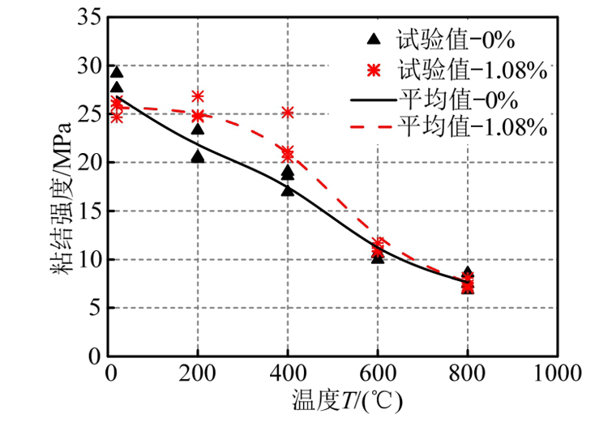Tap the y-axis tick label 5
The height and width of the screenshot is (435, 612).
(x=94, y=308)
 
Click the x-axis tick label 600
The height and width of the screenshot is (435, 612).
(x=378, y=373)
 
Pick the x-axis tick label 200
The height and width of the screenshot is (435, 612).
(x=198, y=373)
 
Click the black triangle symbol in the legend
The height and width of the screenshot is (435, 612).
(x=373, y=39)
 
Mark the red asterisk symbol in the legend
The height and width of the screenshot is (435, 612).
(x=373, y=70)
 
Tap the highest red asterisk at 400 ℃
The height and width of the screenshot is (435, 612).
(x=288, y=112)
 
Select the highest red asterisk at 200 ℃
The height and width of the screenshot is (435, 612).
(x=198, y=96)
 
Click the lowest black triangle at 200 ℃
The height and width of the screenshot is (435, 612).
(x=198, y=156)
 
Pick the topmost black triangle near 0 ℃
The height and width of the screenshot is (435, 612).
(x=117, y=73)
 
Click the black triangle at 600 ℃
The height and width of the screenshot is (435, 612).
(x=378, y=257)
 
